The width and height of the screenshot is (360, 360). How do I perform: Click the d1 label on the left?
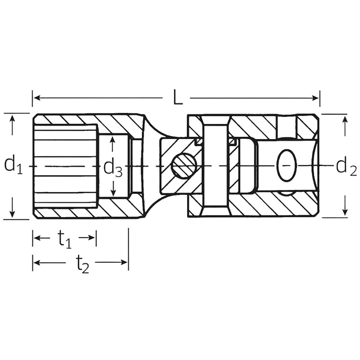(13, 164)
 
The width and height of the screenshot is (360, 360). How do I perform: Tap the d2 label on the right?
(346, 167)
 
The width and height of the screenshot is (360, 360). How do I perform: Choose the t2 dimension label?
(82, 264)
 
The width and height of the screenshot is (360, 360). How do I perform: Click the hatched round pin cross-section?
(184, 166)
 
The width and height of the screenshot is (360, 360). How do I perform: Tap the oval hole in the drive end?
(287, 165)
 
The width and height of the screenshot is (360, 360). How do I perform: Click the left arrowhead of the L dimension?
(37, 98)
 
